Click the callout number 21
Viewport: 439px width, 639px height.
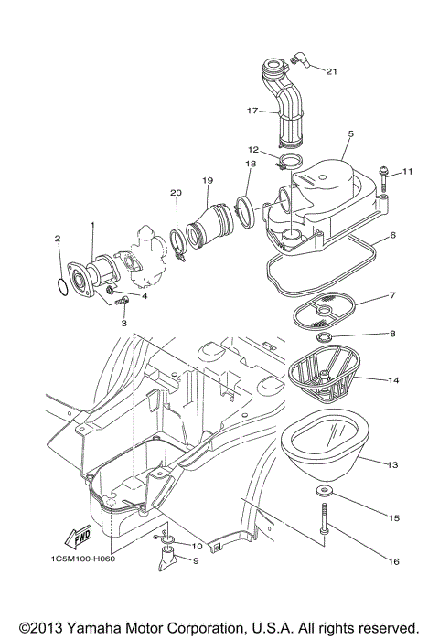[331, 70]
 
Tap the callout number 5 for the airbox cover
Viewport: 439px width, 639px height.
[349, 134]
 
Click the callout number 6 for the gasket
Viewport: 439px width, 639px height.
[392, 235]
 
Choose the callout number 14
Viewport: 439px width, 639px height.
[392, 378]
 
